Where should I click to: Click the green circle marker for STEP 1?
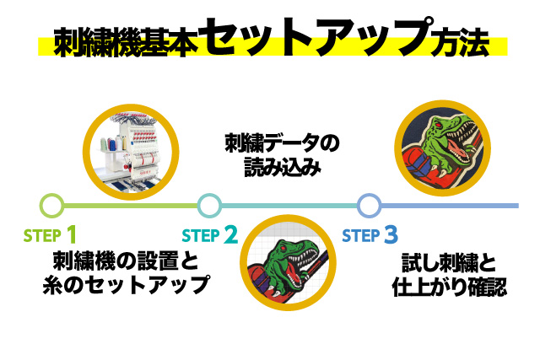click(51, 205)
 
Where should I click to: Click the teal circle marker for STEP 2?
click(209, 205)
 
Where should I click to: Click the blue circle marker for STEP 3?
click(368, 205)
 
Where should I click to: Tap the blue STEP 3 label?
click(369, 234)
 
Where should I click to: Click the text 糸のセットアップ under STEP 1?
click(125, 285)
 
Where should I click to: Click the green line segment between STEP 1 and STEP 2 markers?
click(131, 205)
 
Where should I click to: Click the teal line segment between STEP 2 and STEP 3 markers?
click(289, 205)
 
